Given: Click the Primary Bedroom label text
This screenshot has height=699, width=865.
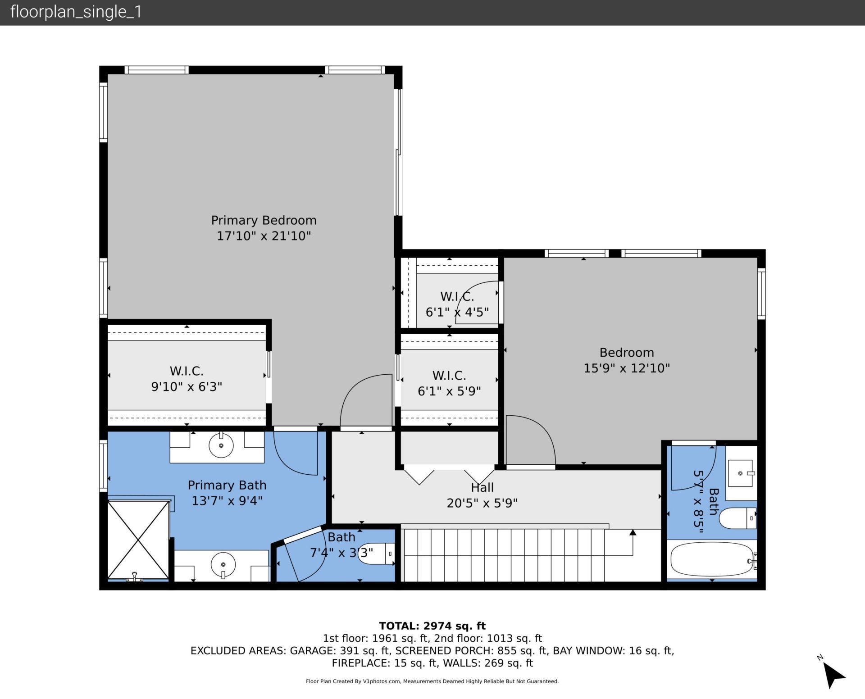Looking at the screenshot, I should coord(264,220).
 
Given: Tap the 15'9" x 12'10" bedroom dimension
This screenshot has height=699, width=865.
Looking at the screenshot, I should coord(626,368).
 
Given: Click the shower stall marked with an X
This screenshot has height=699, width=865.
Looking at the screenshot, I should coord(138,540).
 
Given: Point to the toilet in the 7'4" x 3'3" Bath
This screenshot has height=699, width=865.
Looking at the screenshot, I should coord(377,554).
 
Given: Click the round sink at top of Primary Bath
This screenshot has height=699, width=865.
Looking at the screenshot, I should coord(221,445).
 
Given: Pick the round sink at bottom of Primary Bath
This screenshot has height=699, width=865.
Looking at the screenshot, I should coord(224,565).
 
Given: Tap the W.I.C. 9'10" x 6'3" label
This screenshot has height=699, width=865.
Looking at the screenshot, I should coord(187,378).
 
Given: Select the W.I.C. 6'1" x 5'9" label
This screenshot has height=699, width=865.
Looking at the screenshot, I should coord(449,383).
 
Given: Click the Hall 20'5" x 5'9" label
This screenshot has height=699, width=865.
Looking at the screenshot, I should coord(482,495).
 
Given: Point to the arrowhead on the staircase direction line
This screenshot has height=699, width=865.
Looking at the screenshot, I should coord(633,533).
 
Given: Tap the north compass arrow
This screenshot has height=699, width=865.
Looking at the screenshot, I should coord(834,676).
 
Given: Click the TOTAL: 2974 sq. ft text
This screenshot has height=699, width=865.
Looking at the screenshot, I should coord(432,626).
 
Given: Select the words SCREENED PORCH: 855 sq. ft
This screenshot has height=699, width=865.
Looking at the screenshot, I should coord(471,650).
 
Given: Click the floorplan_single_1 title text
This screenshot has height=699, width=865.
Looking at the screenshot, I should coord(76,12).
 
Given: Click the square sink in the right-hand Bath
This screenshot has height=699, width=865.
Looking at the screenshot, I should coord(740,473).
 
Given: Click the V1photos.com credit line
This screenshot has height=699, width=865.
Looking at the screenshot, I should coord(432,681).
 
